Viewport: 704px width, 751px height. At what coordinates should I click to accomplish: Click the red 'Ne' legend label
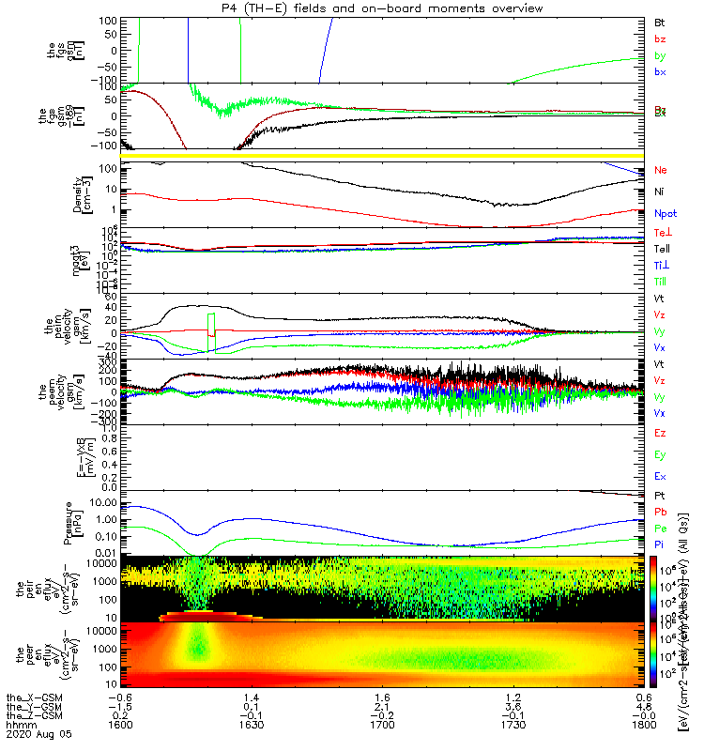(x=661, y=171)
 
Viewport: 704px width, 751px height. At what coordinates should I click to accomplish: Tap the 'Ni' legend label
(x=659, y=192)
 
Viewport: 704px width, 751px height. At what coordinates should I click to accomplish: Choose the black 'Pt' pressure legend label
(x=659, y=495)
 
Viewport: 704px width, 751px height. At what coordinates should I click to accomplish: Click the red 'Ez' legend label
(x=660, y=433)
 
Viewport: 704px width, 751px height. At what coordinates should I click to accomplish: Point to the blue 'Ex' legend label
(x=660, y=477)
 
